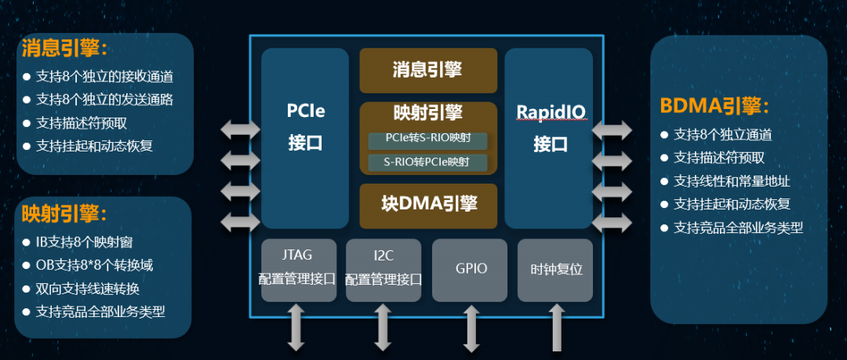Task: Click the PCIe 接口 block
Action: click(305, 138)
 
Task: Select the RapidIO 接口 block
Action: click(548, 138)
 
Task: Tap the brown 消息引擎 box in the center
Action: click(428, 71)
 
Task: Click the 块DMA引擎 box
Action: click(428, 204)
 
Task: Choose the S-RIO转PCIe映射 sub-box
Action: click(428, 163)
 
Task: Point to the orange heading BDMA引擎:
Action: click(714, 107)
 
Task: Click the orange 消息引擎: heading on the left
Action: click(64, 49)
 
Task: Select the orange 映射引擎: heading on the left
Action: click(64, 213)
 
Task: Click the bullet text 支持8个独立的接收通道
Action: click(104, 77)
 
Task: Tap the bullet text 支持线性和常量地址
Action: click(731, 181)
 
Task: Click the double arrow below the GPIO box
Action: click(471, 328)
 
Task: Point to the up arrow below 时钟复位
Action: click(556, 328)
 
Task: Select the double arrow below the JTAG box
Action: click(296, 328)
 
